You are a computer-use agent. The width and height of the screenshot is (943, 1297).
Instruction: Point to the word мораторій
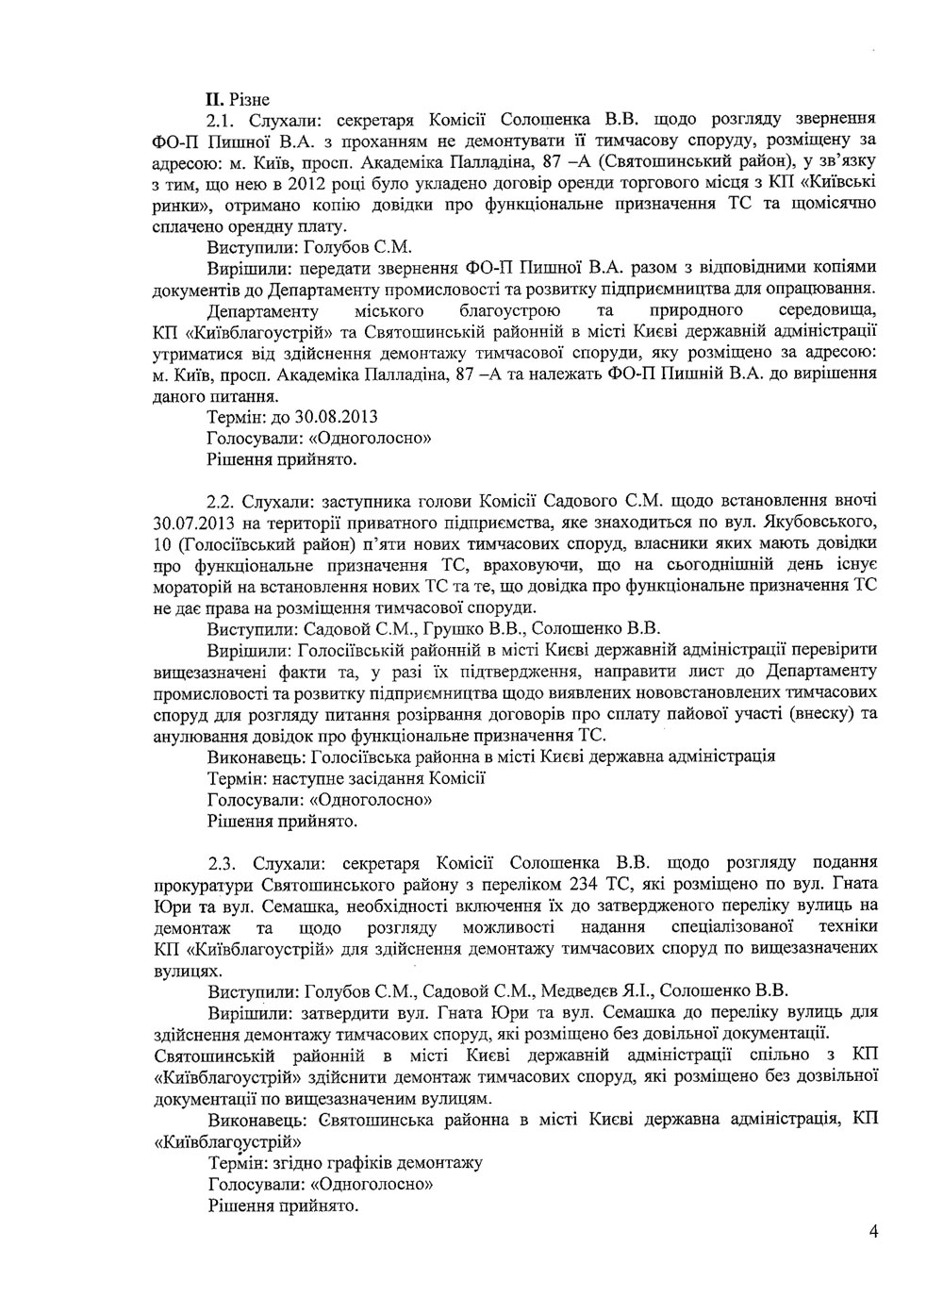tap(192, 587)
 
